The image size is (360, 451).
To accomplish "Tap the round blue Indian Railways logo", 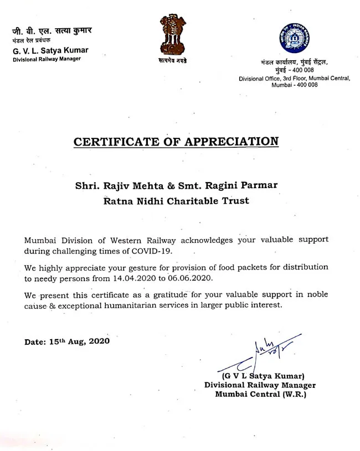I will coord(294,38).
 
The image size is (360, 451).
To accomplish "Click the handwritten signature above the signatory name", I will coord(260,353).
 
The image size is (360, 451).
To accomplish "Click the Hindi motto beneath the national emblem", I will coord(173,60).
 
